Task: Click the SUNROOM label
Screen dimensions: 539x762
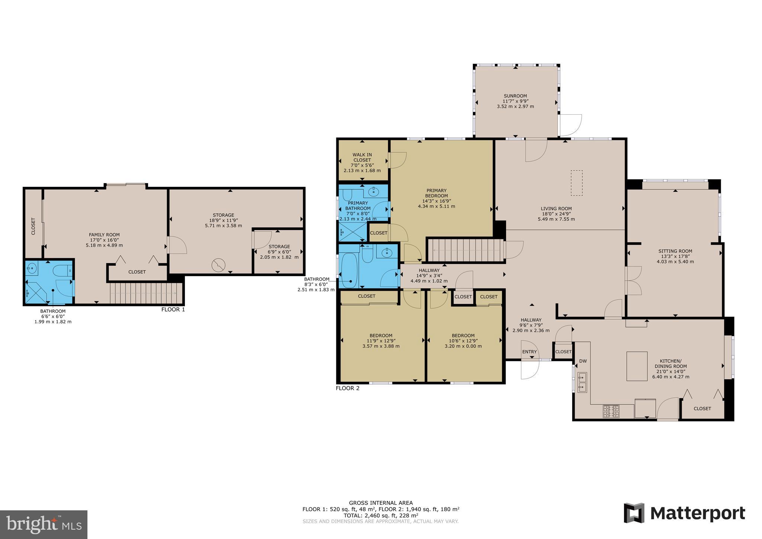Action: pyautogui.click(x=515, y=96)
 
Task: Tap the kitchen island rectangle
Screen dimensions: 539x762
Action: pyautogui.click(x=637, y=366)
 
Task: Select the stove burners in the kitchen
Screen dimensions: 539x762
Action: pyautogui.click(x=611, y=411)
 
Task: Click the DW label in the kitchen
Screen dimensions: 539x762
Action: pyautogui.click(x=583, y=361)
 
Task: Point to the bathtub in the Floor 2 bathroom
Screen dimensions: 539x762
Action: pyautogui.click(x=349, y=271)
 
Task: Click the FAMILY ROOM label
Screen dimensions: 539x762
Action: pyautogui.click(x=104, y=235)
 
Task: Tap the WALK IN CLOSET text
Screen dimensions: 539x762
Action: pyautogui.click(x=362, y=157)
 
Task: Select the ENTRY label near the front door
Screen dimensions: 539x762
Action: pyautogui.click(x=529, y=352)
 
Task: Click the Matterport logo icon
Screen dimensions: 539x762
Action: pyautogui.click(x=634, y=513)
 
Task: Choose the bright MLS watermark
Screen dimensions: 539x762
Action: pyautogui.click(x=44, y=524)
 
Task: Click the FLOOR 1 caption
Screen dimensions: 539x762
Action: pyautogui.click(x=173, y=309)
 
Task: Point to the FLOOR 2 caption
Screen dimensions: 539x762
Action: pyautogui.click(x=348, y=388)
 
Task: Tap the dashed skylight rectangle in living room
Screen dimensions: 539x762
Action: pyautogui.click(x=577, y=183)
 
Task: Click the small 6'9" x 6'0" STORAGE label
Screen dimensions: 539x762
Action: pyautogui.click(x=279, y=246)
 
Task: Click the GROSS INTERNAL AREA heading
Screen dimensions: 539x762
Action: pyautogui.click(x=381, y=503)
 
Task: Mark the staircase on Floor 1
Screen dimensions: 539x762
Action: pyautogui.click(x=145, y=293)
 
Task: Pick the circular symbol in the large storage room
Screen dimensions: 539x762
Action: pyautogui.click(x=218, y=265)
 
